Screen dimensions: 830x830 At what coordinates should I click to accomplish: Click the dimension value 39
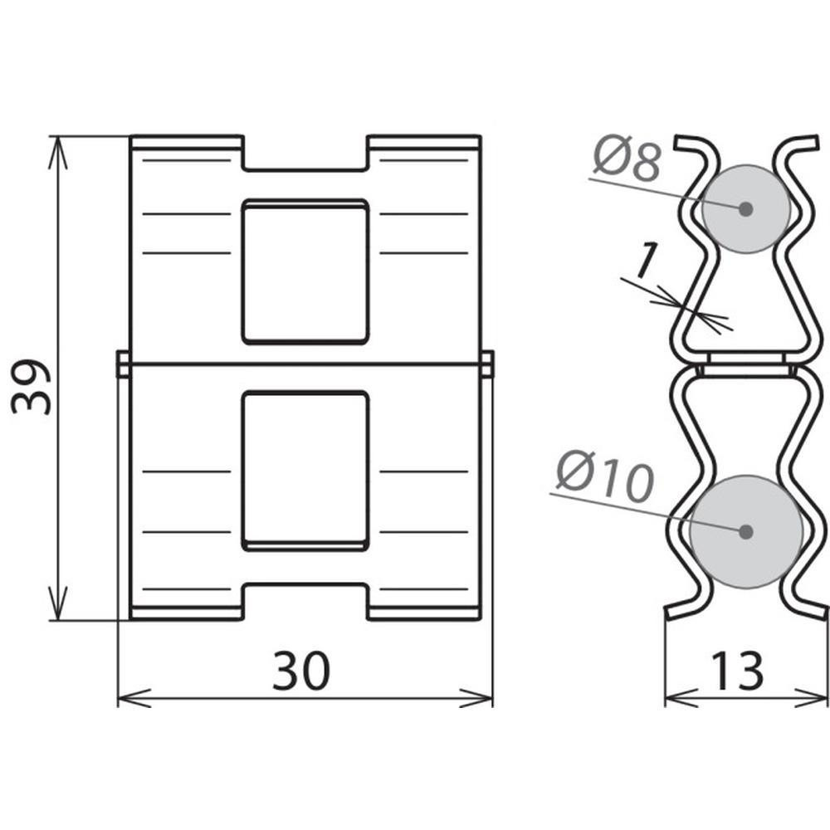point(31,387)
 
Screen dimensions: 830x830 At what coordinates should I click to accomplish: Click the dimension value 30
point(301,671)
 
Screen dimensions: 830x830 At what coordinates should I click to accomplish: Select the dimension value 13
point(737,671)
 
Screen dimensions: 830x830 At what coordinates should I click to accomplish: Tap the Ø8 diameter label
point(627,158)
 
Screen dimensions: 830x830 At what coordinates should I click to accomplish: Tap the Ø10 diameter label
point(606,476)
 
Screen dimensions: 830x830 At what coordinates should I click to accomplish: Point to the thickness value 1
point(645,261)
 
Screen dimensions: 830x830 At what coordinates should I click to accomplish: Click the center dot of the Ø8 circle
point(746,209)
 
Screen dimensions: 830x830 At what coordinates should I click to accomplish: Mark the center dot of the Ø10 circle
point(746,531)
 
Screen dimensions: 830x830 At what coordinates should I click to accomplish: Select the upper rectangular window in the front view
point(305,271)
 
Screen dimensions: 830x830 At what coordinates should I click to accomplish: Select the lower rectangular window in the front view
point(305,471)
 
